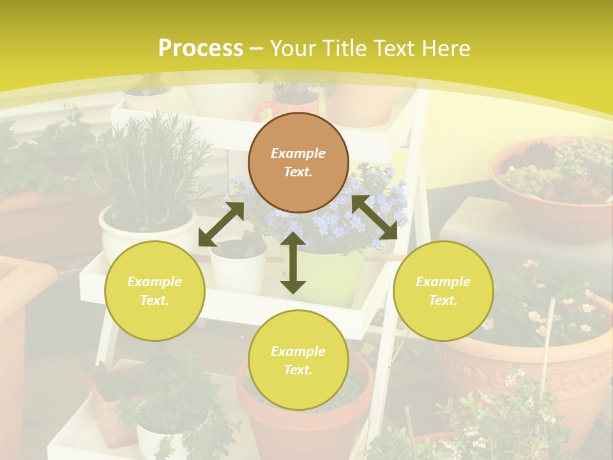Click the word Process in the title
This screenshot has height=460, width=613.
[201, 49]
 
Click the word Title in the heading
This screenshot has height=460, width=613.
[345, 49]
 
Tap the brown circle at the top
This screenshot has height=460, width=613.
[298, 162]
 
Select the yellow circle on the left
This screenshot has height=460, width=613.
[155, 291]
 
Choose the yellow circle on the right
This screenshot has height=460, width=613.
[443, 291]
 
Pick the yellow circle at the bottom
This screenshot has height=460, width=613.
[298, 360]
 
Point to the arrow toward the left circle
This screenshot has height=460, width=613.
[221, 224]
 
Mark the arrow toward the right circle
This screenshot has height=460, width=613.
[374, 217]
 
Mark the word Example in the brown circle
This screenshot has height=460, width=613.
[298, 153]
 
